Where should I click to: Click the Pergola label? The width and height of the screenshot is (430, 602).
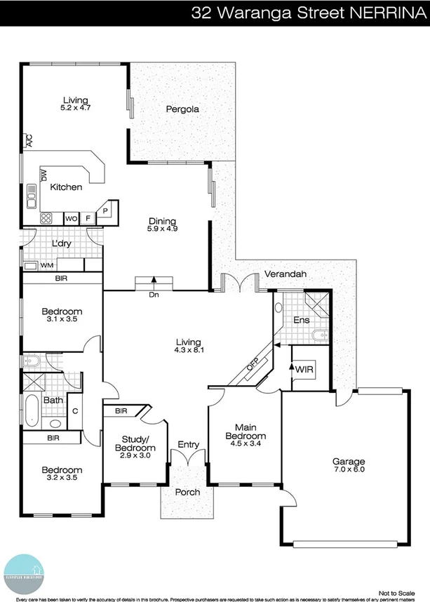[x=182, y=109]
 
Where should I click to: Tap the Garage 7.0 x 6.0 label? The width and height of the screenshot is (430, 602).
[x=349, y=465]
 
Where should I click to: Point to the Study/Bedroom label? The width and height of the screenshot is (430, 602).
[x=135, y=444]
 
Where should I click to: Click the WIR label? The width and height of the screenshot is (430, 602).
[x=304, y=369]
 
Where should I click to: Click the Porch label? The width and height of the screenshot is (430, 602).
[x=187, y=492]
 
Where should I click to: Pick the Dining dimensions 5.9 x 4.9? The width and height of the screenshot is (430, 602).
[x=162, y=229]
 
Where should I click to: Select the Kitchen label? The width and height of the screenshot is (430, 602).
[x=67, y=187]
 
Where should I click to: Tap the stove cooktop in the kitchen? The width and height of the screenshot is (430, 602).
[x=47, y=218]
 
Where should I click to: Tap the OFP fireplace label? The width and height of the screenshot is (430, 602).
[x=253, y=365]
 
